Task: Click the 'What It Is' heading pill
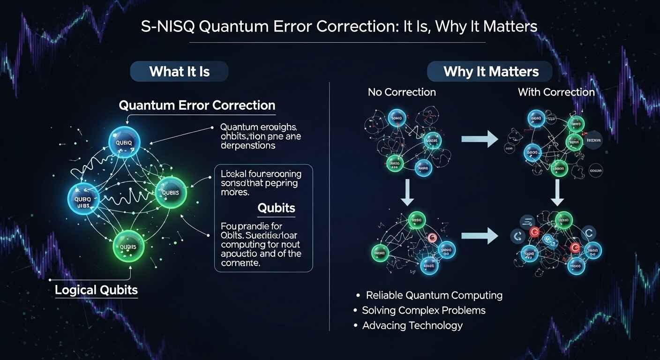[x=180, y=72]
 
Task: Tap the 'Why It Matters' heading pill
[x=491, y=72]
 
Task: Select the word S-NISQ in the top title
[x=167, y=27]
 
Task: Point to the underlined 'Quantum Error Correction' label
[x=197, y=105]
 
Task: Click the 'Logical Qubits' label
[x=96, y=290]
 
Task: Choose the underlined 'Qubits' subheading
[x=276, y=208]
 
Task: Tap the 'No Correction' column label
[x=402, y=92]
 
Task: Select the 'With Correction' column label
[x=556, y=92]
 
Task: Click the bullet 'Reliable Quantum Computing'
[x=434, y=295]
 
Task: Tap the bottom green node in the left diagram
[x=128, y=246]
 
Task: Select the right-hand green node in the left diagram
[x=171, y=192]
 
